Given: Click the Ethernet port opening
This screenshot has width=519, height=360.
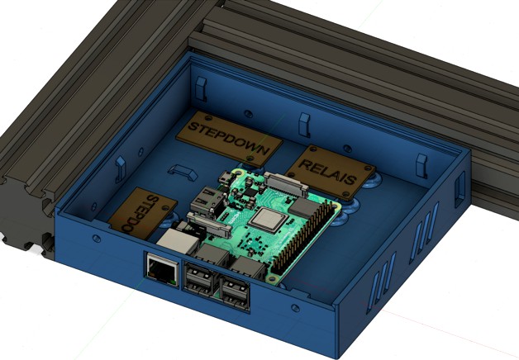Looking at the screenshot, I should point(159,268).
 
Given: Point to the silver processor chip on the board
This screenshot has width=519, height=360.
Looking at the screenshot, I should point(268,220).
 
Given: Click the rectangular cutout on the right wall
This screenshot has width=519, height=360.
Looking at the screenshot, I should point(459,189).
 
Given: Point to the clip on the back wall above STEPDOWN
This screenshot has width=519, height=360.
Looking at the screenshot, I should point(303,125).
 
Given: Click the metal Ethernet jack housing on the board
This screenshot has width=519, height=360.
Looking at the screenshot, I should point(175,240).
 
